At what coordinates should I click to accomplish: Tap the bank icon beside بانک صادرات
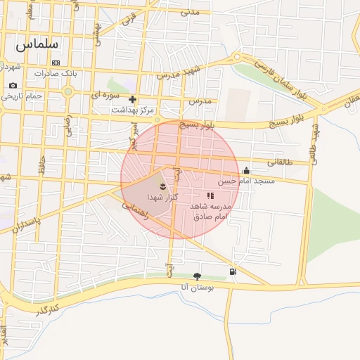(x=56, y=63)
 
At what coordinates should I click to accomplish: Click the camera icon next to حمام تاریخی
(x=12, y=85)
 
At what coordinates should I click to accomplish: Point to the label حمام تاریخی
(x=22, y=95)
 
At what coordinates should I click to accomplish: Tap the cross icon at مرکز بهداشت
(x=132, y=99)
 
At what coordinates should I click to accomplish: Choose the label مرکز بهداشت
(x=132, y=110)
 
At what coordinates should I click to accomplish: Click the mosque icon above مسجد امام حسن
(x=246, y=170)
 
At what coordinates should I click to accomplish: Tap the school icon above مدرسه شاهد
(x=210, y=195)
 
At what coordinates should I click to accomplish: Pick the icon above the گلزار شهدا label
(x=163, y=186)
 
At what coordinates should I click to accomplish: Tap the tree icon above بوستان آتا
(x=196, y=276)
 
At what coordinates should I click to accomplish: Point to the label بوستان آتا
(x=196, y=287)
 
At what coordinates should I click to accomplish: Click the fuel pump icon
(x=233, y=271)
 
